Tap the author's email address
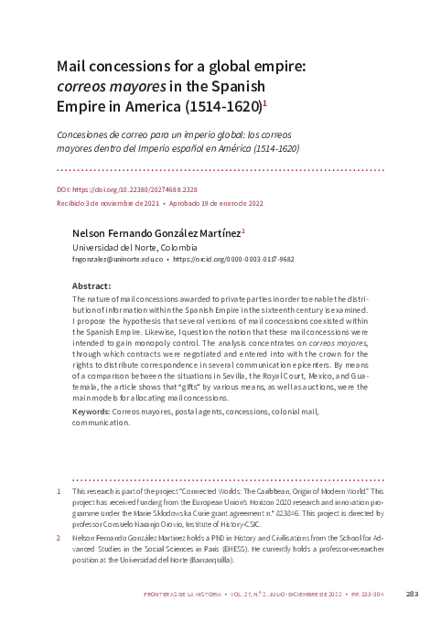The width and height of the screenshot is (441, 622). pyautogui.click(x=116, y=260)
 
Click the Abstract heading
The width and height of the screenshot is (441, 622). pyautogui.click(x=91, y=286)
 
